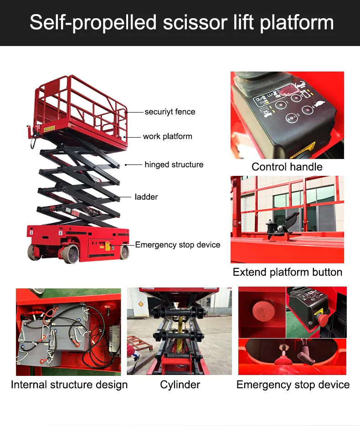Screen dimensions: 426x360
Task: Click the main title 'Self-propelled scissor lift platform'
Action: coord(181,22)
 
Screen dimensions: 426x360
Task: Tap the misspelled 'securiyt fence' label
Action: coord(170,112)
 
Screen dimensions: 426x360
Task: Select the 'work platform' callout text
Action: coord(167,136)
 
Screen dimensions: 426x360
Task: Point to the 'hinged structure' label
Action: coord(174,164)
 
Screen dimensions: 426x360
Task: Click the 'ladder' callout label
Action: coord(146,197)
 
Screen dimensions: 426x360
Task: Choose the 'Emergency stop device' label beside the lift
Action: coord(177,245)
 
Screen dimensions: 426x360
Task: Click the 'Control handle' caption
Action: coord(287,167)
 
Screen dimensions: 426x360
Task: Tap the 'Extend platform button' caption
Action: coord(287,272)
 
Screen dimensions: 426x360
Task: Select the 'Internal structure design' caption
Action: coord(69,385)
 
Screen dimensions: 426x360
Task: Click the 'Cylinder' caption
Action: coord(180,385)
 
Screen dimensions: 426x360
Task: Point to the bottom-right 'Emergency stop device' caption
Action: coord(293,385)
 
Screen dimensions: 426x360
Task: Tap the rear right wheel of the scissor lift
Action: coord(124,251)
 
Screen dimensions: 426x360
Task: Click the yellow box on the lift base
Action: coord(108,246)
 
